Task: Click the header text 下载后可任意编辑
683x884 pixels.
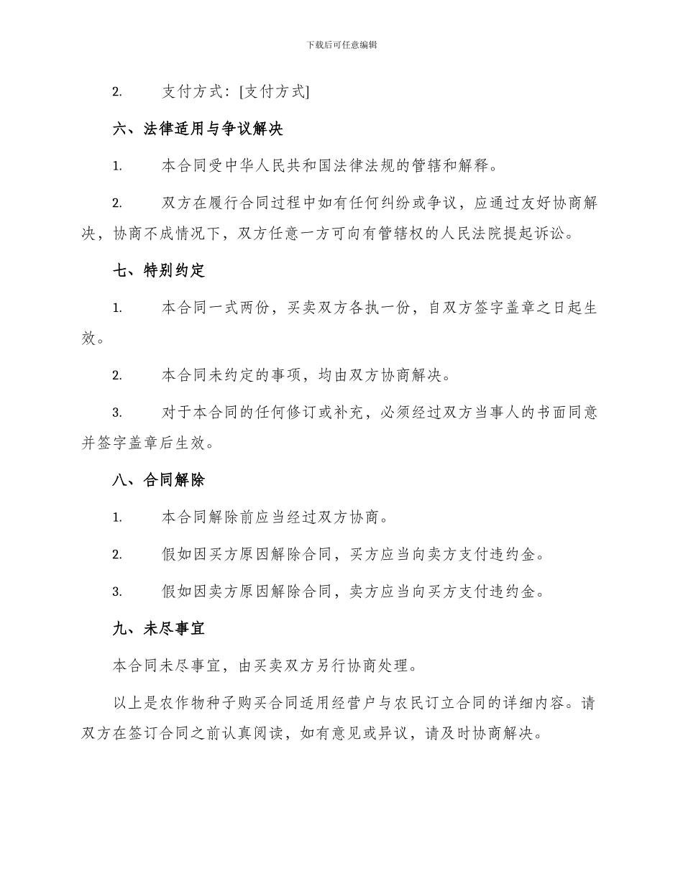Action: point(341,45)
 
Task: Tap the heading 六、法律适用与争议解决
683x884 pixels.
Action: point(198,129)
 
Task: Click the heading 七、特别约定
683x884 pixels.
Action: point(159,270)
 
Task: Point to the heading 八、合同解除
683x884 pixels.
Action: point(159,480)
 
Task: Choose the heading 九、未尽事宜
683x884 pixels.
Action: point(159,628)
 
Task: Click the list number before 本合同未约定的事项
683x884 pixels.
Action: point(116,375)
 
